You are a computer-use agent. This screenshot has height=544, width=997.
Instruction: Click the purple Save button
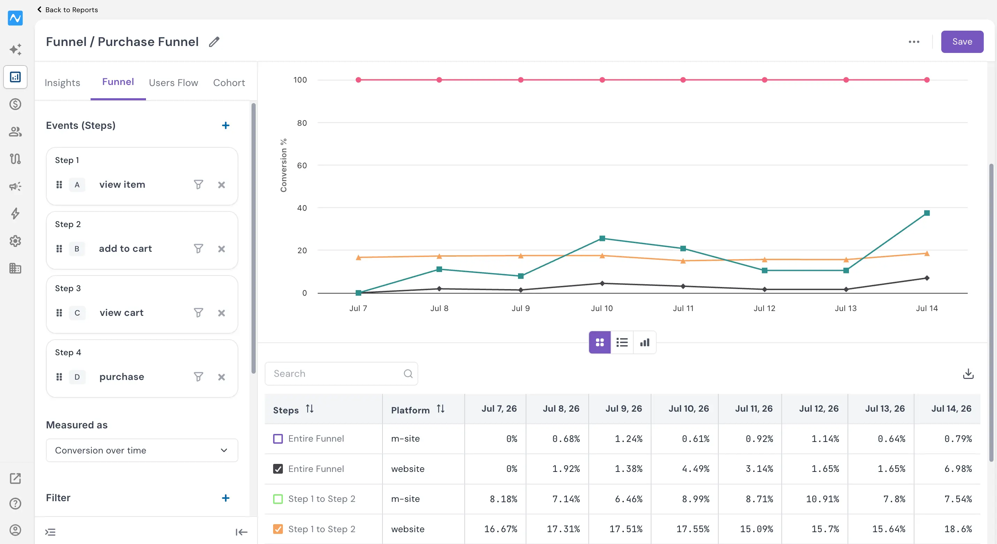click(x=962, y=42)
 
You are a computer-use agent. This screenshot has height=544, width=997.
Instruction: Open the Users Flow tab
click(x=173, y=83)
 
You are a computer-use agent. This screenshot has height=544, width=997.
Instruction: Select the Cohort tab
click(x=229, y=83)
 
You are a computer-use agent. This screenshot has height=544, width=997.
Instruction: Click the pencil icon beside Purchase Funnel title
click(x=214, y=42)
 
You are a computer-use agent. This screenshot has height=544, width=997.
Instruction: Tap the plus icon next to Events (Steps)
click(x=226, y=125)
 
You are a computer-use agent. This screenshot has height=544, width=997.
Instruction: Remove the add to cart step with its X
click(x=222, y=249)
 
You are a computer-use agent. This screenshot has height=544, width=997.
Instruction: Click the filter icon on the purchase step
click(x=198, y=377)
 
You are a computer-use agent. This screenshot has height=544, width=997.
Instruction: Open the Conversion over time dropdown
click(x=142, y=450)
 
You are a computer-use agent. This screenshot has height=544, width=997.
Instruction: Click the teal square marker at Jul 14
click(x=927, y=213)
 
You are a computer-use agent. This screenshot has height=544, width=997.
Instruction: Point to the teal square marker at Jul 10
click(x=602, y=238)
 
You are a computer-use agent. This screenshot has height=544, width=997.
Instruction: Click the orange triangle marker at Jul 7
click(x=358, y=257)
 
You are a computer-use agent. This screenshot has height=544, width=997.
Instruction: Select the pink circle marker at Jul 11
click(x=683, y=80)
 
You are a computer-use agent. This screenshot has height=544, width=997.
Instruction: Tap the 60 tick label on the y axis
click(x=302, y=165)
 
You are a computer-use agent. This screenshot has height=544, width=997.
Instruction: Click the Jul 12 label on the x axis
click(x=764, y=308)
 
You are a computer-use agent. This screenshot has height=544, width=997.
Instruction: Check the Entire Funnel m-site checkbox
click(x=278, y=439)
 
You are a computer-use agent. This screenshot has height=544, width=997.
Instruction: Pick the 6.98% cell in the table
click(x=958, y=469)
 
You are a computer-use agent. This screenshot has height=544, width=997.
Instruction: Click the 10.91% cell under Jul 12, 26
click(x=822, y=499)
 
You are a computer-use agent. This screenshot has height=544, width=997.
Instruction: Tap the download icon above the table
click(x=968, y=374)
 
